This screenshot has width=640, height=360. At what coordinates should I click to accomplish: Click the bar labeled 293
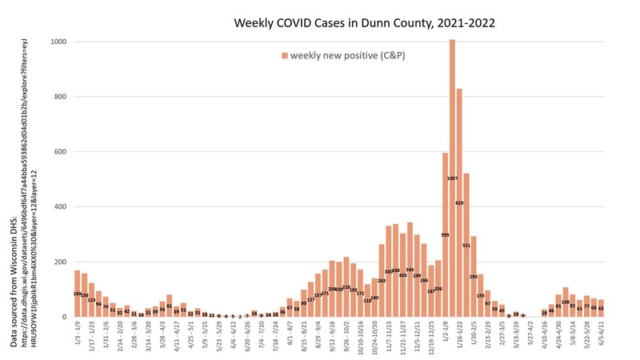474,277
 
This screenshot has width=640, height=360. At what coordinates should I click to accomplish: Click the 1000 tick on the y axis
57,42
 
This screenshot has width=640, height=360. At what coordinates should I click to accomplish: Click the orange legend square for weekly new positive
284,54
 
